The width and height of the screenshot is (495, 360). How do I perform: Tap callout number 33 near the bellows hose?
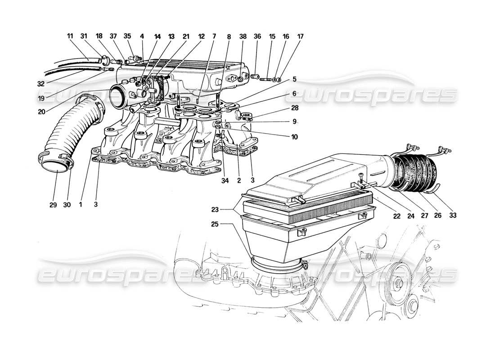click(453, 216)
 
